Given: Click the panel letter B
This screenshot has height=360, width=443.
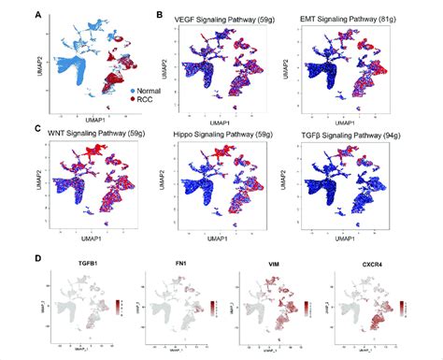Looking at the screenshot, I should point(161,15).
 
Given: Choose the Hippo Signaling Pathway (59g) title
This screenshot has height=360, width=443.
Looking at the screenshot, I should point(225,137).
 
